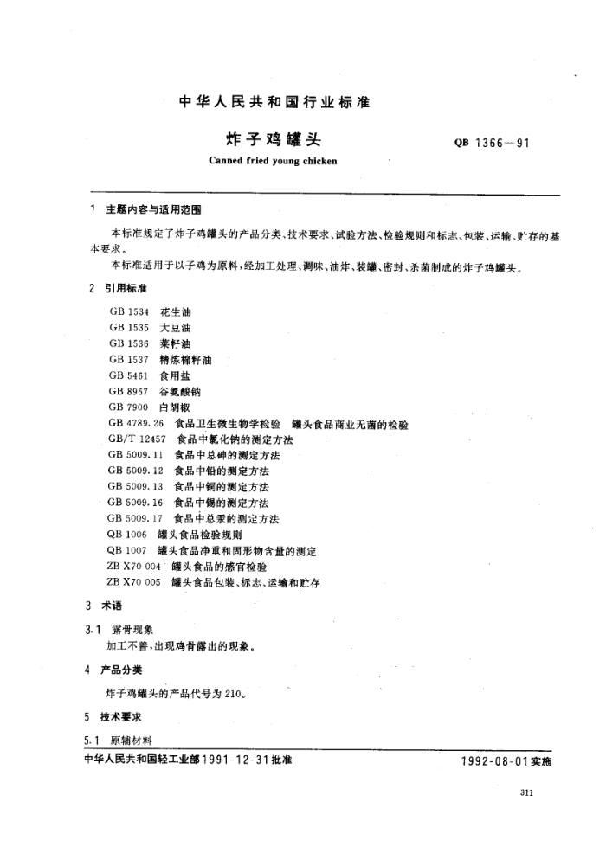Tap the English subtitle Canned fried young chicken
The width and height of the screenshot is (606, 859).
(x=273, y=161)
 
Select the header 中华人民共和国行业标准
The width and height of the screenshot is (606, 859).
(x=274, y=102)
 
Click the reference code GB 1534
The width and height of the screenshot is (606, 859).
(x=129, y=311)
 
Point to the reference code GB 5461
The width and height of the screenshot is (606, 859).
(x=129, y=375)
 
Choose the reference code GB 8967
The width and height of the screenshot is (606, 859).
(x=129, y=391)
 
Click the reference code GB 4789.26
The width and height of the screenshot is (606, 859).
(x=136, y=424)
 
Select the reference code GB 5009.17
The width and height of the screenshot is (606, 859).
(x=136, y=519)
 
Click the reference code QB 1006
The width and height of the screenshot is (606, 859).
(x=126, y=535)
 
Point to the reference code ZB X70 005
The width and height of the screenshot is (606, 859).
(x=134, y=583)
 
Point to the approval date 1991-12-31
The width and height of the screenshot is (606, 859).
(x=236, y=760)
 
